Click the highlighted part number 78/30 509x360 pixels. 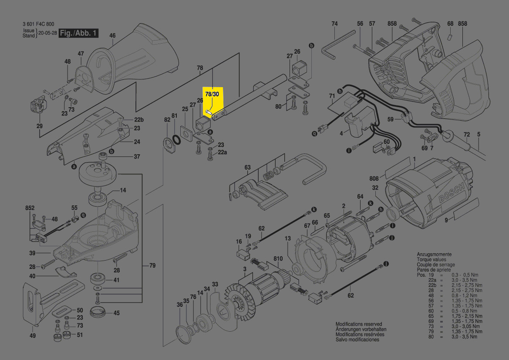(212, 94)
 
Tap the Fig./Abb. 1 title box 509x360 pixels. (79, 33)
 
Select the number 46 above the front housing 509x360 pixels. (112, 35)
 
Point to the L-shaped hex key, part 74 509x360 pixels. (331, 48)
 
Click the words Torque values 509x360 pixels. (431, 259)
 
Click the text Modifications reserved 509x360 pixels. (358, 324)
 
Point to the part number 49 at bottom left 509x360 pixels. (33, 336)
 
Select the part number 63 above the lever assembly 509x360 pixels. (247, 167)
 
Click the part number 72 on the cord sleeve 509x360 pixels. (467, 135)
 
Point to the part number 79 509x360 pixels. (152, 265)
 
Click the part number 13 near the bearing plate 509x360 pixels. (287, 238)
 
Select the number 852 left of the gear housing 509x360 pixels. (30, 209)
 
